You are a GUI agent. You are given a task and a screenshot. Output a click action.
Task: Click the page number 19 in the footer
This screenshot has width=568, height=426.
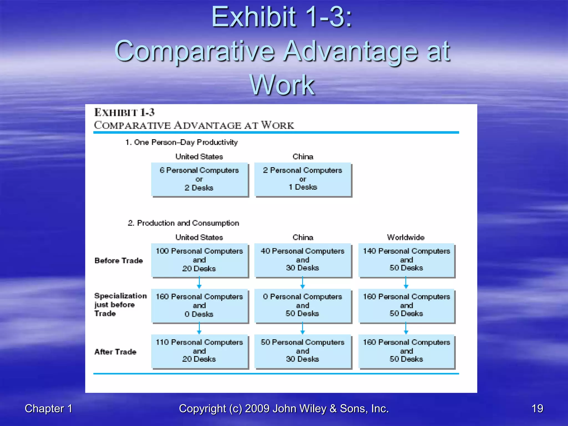pos(537,409)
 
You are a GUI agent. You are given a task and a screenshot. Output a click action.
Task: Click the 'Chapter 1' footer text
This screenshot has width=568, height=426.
pos(49,409)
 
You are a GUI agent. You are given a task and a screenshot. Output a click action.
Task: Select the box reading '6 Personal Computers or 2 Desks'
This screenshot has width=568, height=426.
pos(199,179)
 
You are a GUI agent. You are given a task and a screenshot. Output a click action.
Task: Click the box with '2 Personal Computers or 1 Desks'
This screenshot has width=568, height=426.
pos(303,179)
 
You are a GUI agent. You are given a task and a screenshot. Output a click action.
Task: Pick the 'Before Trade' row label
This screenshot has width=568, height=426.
pos(118,260)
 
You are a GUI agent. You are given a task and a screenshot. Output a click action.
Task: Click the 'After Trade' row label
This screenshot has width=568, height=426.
pos(115,352)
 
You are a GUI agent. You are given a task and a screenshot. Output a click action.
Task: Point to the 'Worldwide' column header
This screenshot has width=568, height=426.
pos(406,237)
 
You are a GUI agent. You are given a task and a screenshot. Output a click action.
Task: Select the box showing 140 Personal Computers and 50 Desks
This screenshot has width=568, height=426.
pos(406,260)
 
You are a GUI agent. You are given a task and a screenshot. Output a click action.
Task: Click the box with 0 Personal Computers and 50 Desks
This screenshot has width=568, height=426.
pos(303,306)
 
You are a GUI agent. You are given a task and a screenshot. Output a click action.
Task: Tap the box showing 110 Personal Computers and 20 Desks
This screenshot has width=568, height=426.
pos(199,351)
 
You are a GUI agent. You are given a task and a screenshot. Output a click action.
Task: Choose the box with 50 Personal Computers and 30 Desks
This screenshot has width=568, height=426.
pos(303,351)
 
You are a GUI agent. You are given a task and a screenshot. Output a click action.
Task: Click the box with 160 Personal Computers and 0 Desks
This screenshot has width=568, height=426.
pos(199,306)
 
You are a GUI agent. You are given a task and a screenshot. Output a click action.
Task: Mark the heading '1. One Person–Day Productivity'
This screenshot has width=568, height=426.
pos(182,142)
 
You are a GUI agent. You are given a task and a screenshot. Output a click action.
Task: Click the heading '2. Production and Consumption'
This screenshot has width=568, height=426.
pos(183,223)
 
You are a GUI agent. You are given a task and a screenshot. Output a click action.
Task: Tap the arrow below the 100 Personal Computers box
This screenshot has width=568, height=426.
pos(199,283)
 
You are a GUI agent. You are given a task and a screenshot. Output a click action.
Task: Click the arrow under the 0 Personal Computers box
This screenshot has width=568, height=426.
pos(303,328)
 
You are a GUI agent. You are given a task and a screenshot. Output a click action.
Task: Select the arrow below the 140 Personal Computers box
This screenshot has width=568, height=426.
pos(406,283)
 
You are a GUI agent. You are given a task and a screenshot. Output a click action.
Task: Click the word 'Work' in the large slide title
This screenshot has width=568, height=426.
pos(282,85)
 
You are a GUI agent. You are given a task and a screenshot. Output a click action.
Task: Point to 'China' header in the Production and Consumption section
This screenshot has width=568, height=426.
pos(303,237)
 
